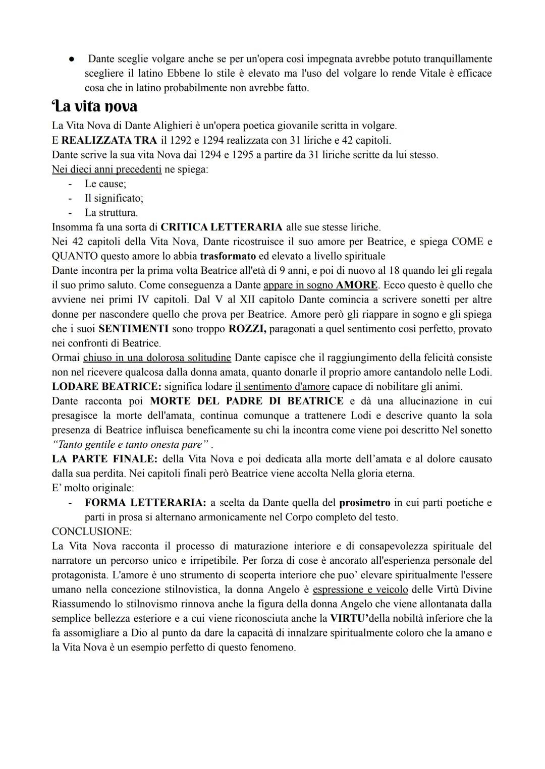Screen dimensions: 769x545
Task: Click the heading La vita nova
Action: click(94, 106)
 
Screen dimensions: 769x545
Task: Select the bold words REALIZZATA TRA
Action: click(109, 140)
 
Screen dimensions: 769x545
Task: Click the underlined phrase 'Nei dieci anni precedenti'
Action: click(106, 169)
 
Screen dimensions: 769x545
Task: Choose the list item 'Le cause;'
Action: click(105, 184)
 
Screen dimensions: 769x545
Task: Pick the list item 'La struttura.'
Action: click(111, 213)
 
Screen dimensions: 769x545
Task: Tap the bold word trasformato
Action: click(228, 256)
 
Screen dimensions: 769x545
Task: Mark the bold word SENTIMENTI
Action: click(134, 329)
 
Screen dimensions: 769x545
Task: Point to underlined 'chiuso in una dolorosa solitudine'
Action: click(157, 358)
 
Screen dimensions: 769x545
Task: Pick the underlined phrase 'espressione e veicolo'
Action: click(360, 589)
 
